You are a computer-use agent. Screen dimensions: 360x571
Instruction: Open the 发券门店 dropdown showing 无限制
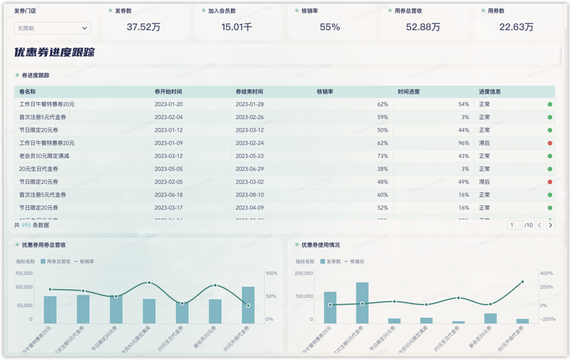coord(52,29)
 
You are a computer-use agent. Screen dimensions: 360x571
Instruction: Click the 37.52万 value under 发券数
coord(143,27)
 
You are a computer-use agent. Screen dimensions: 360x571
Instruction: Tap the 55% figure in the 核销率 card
coord(330,27)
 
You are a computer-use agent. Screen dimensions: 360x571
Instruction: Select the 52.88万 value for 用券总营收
coord(423,27)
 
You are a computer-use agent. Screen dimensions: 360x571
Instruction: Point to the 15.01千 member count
coord(236,27)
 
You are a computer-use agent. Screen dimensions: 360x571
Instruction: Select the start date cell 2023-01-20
coord(168,104)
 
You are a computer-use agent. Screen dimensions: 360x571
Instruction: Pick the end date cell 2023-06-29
coord(249,169)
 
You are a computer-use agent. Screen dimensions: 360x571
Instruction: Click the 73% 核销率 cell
coord(383,156)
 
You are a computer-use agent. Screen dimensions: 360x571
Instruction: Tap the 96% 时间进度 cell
coord(463,143)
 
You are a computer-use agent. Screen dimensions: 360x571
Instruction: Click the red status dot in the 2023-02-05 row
coord(550,182)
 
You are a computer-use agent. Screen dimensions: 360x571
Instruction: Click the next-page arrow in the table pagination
coord(551,225)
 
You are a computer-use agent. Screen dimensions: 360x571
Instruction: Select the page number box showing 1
coord(514,225)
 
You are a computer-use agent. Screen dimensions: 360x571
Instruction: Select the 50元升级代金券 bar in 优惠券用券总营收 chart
coord(248,305)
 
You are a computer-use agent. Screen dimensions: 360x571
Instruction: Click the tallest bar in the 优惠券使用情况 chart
coord(362,303)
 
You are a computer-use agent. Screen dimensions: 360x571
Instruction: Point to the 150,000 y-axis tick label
coord(24,273)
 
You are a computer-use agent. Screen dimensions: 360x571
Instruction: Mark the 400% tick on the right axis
coord(547,273)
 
